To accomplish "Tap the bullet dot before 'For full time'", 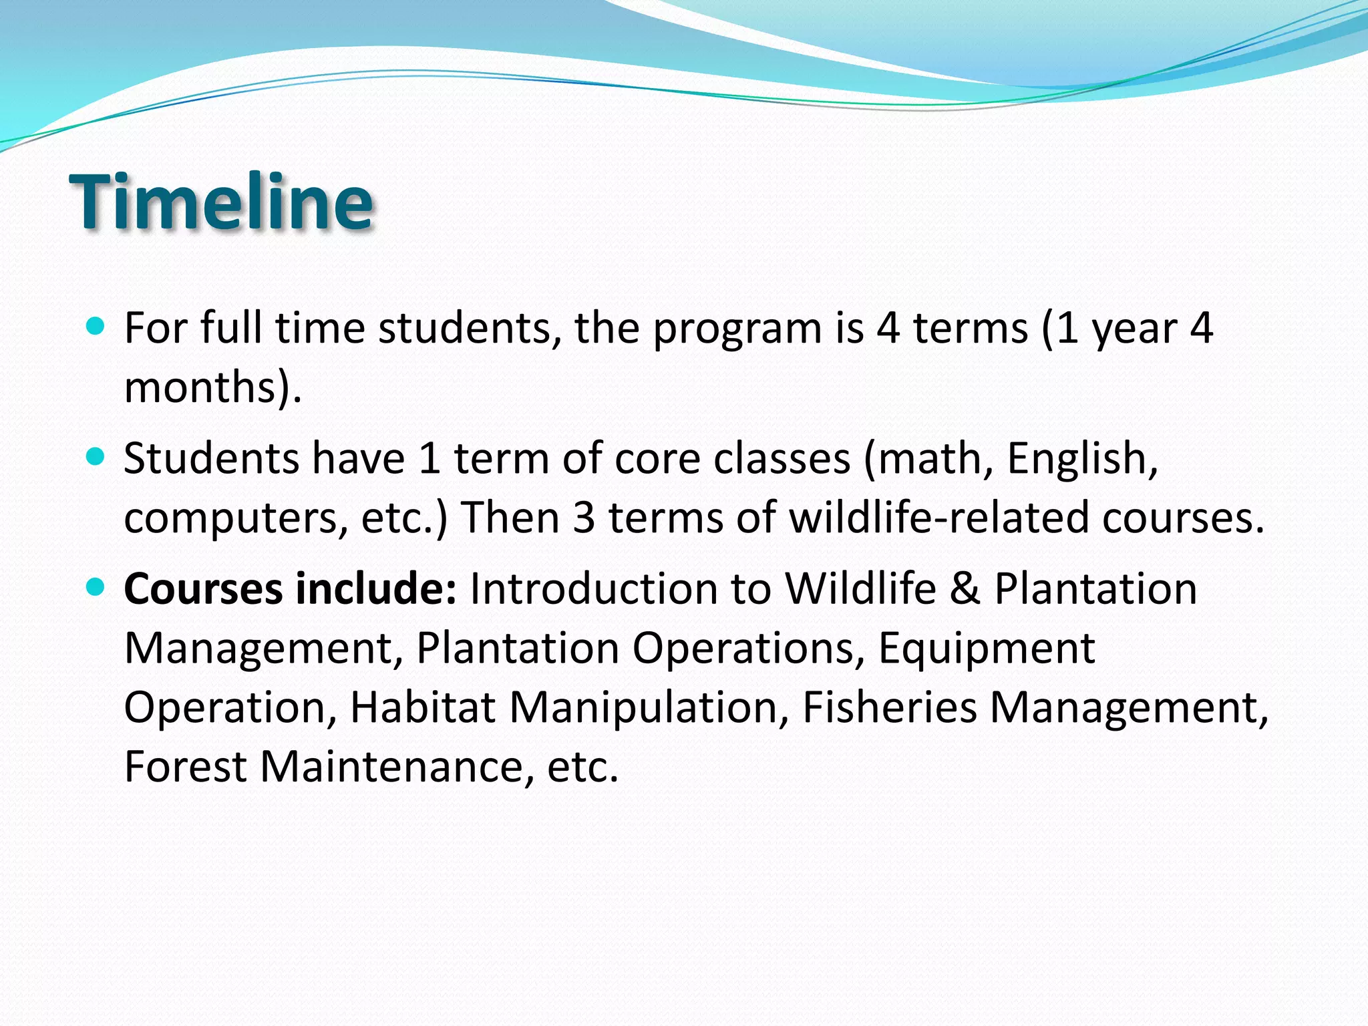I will pyautogui.click(x=96, y=326).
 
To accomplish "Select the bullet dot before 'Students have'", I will pyautogui.click(x=96, y=456).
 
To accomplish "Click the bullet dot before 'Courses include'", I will pyautogui.click(x=96, y=587).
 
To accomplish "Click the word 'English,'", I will pyautogui.click(x=1083, y=460).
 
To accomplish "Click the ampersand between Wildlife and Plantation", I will pyautogui.click(x=965, y=589).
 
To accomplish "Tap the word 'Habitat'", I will pyautogui.click(x=423, y=707).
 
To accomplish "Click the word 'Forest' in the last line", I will pyautogui.click(x=186, y=767).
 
